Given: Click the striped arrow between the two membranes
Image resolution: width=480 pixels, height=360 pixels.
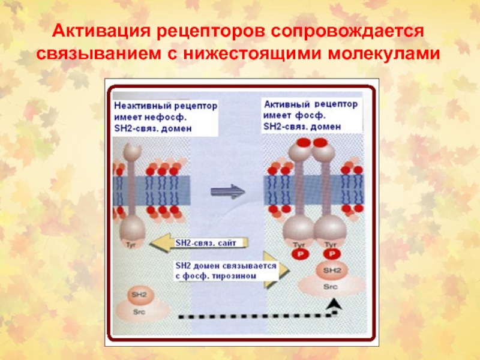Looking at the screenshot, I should (x=229, y=192).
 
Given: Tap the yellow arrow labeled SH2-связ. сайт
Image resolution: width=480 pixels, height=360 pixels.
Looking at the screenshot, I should (x=198, y=243).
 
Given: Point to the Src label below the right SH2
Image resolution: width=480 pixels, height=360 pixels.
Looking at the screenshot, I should (x=330, y=286).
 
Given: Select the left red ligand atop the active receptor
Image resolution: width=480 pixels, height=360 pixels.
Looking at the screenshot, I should (x=304, y=143).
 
